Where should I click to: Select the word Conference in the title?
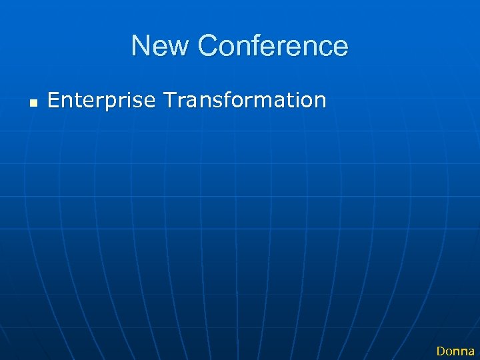coord(273,46)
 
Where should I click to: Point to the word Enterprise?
coord(101,101)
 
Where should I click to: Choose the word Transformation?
coord(245,101)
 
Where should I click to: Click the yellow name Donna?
coord(455,351)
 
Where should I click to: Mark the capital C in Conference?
coord(209,46)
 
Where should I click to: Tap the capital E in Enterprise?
coord(53,101)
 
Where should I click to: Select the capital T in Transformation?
coord(169,101)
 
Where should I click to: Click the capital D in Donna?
coord(441,351)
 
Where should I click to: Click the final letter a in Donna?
coord(471,351)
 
